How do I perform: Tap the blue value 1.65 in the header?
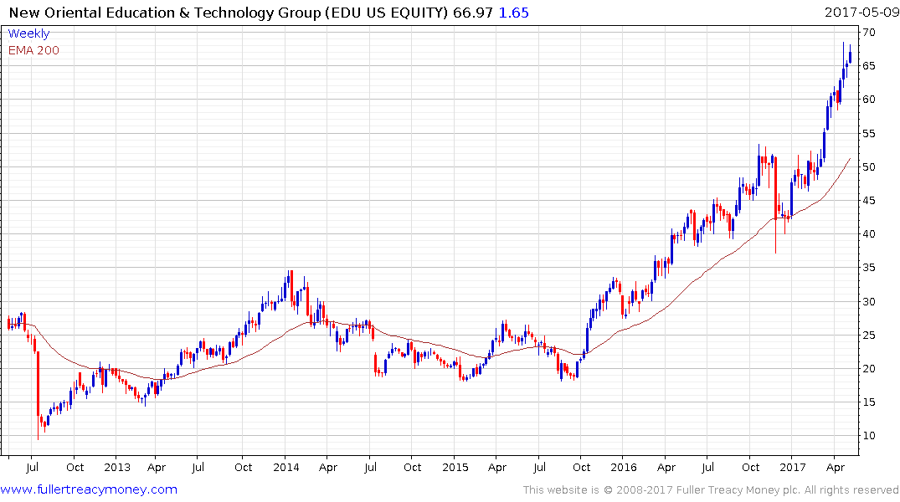(514, 13)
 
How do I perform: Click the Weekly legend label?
(28, 33)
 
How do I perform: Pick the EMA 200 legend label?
(33, 50)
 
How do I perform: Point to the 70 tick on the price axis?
(872, 32)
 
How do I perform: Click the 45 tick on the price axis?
(872, 200)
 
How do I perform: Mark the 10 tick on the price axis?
(872, 435)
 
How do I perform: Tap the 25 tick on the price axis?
(872, 335)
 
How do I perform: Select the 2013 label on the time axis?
(116, 467)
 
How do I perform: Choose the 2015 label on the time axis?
(455, 467)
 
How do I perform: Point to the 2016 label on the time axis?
(624, 467)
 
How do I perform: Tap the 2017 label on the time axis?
(793, 467)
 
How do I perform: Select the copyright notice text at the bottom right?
(711, 489)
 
